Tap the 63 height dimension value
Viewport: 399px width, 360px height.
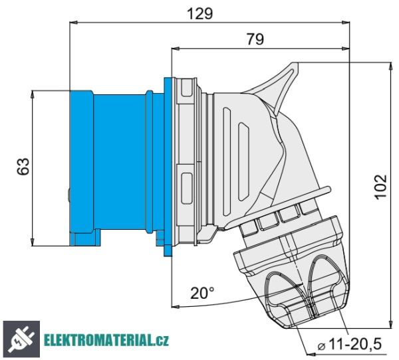(x=23, y=167)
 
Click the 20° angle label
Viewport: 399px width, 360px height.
(x=202, y=293)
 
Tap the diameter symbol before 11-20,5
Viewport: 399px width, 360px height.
(x=321, y=346)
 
